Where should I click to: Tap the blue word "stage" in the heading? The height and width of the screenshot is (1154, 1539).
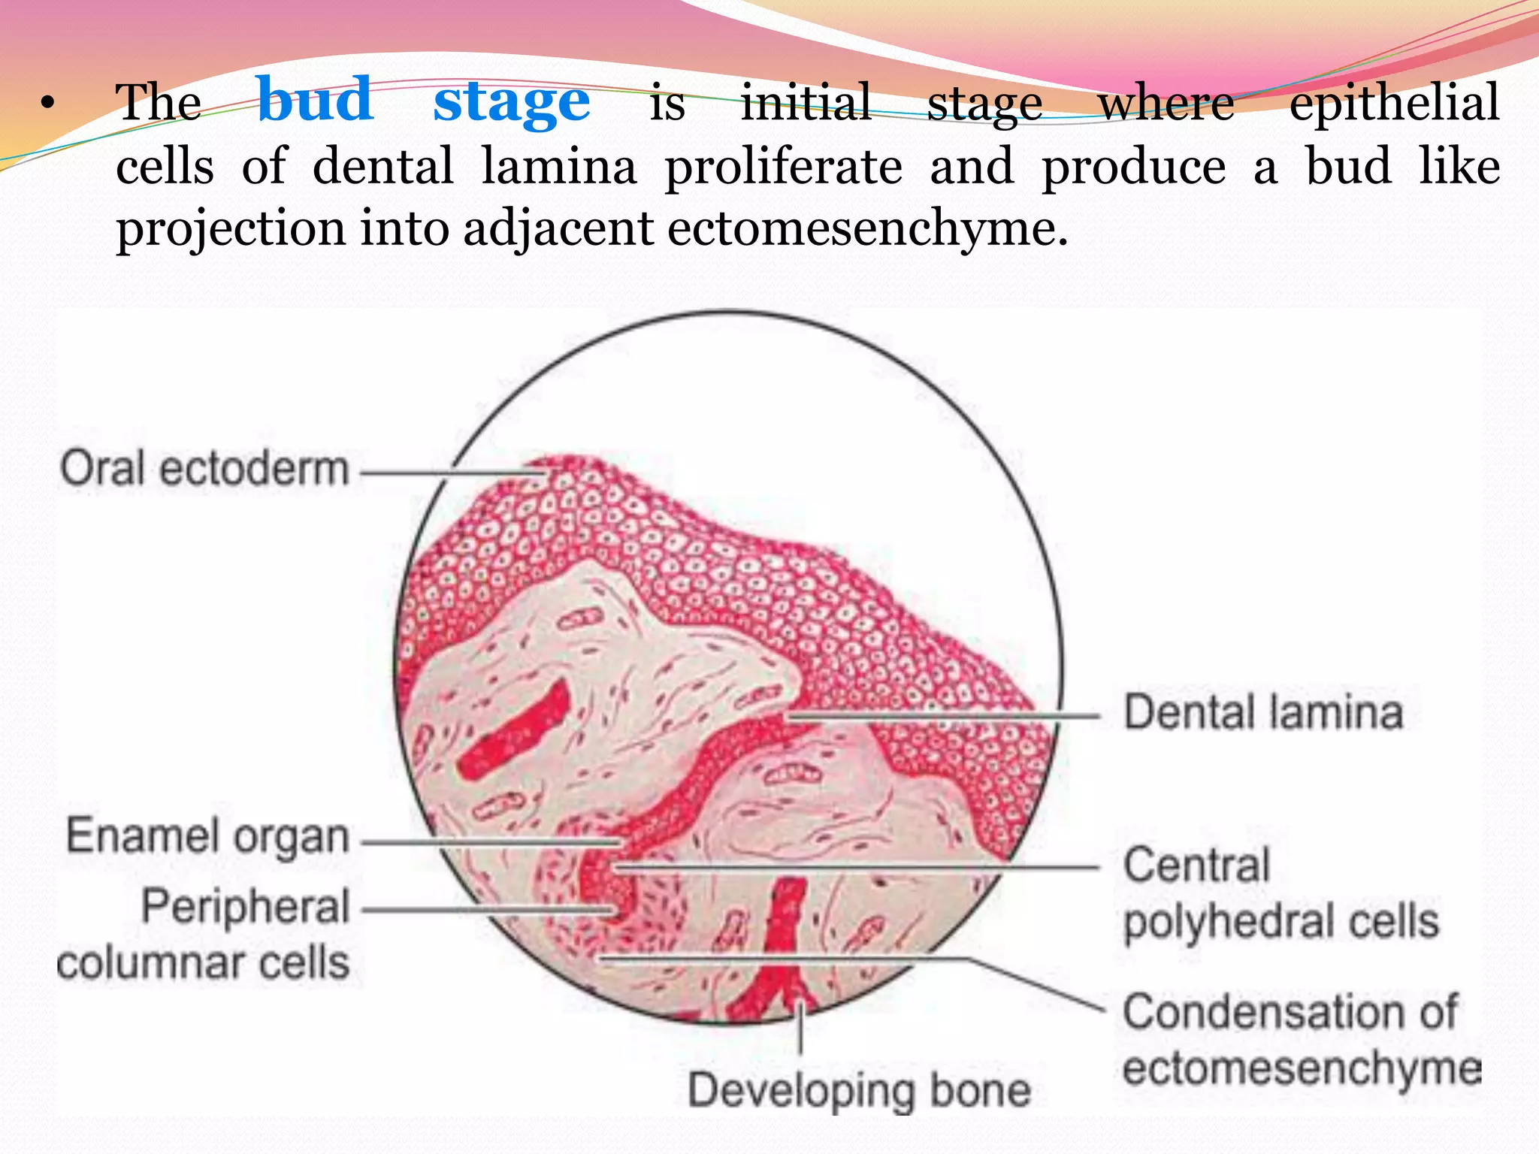[511, 103]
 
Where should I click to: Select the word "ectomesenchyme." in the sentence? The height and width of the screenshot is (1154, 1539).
[867, 228]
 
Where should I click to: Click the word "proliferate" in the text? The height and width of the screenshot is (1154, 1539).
[783, 167]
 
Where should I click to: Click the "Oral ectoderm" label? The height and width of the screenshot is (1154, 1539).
[204, 469]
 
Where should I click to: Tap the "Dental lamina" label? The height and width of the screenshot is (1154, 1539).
[1263, 712]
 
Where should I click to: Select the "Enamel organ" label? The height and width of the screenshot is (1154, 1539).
[207, 837]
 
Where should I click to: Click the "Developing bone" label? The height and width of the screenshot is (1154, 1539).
[859, 1090]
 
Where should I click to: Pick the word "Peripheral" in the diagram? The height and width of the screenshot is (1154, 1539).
[246, 907]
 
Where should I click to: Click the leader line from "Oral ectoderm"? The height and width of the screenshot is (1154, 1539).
[451, 474]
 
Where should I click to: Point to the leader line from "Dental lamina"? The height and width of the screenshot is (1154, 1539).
[939, 716]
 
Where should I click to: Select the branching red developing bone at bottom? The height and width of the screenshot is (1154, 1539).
[782, 947]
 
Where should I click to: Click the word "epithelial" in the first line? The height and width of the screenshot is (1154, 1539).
[1394, 103]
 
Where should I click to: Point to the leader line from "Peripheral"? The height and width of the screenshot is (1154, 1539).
[488, 910]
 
